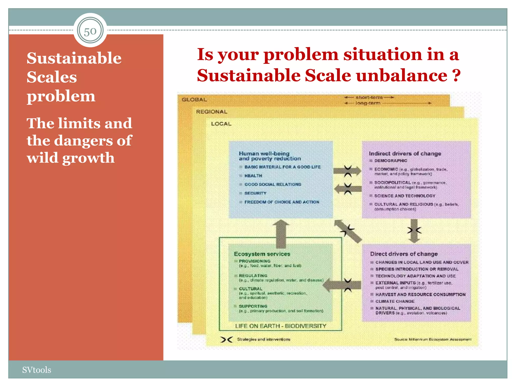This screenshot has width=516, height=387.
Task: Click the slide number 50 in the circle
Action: tap(90, 31)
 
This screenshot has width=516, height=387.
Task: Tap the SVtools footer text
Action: tap(37, 370)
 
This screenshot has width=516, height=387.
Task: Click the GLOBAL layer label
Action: tap(194, 100)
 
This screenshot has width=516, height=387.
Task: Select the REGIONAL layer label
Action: tap(212, 112)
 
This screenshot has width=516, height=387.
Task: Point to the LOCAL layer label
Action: tap(221, 124)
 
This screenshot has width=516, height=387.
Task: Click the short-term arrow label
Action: tap(369, 97)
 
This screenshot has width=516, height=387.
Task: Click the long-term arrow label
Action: tap(368, 103)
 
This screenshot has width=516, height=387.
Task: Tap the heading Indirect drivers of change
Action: tap(405, 153)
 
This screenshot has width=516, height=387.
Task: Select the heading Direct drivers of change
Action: tap(404, 254)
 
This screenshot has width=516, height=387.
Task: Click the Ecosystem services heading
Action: tap(262, 254)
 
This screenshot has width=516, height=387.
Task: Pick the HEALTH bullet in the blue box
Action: tap(253, 176)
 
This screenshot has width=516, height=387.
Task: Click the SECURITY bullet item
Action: tap(255, 193)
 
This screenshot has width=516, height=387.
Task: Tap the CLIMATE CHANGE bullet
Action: tap(395, 301)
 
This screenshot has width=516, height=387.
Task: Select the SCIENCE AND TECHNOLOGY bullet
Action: tap(405, 196)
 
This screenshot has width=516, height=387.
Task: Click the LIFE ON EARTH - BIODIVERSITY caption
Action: tap(280, 326)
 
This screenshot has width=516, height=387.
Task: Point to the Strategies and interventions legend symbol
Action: tap(226, 340)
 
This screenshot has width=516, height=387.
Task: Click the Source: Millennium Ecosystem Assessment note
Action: tap(433, 339)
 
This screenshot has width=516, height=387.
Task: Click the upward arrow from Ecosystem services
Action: tap(281, 233)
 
